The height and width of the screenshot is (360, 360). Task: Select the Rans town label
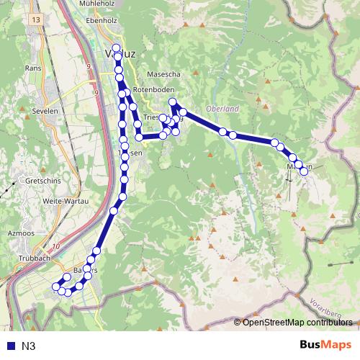click(x=33, y=68)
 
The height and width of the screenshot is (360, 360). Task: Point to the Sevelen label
click(x=45, y=112)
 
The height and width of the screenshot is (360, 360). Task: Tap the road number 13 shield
click(x=36, y=19)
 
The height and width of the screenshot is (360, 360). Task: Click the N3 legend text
click(x=28, y=346)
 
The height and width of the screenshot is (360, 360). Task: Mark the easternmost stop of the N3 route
click(x=304, y=171)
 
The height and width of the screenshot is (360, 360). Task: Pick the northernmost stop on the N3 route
click(x=116, y=48)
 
